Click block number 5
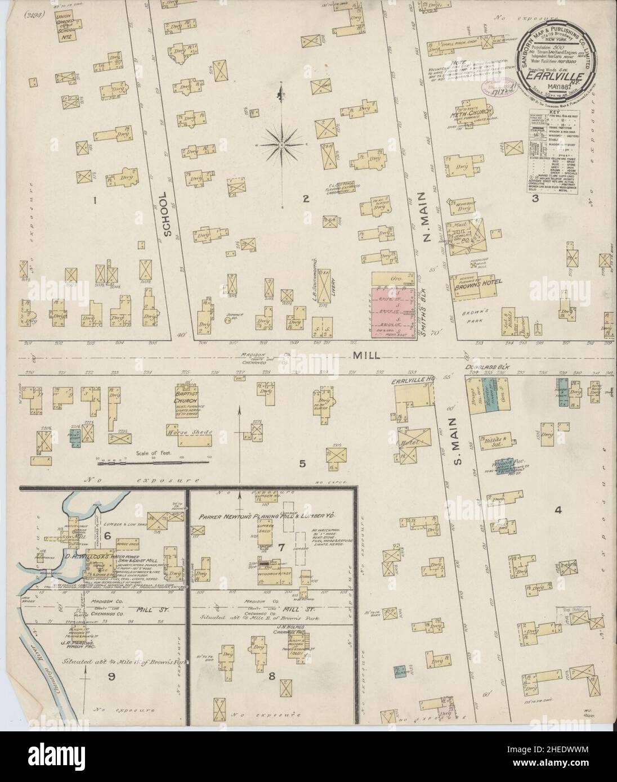[302, 464]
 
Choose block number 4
[558, 510]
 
